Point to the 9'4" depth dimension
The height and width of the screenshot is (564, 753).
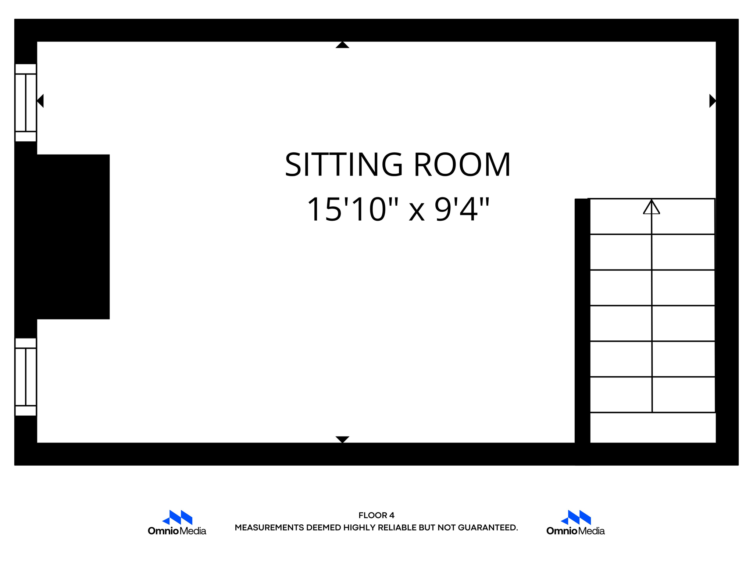tap(462, 209)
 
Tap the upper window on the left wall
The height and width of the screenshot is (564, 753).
tap(26, 103)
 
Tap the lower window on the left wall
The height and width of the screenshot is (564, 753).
tap(26, 377)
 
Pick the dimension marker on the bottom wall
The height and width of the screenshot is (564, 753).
tap(342, 439)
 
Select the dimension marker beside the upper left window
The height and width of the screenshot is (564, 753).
tap(40, 101)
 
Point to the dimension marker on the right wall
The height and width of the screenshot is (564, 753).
tap(712, 101)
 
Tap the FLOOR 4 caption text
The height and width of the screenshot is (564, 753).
tap(376, 515)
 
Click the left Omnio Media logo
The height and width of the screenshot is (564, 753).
tap(177, 523)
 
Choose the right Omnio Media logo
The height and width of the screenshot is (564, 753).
tap(575, 523)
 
